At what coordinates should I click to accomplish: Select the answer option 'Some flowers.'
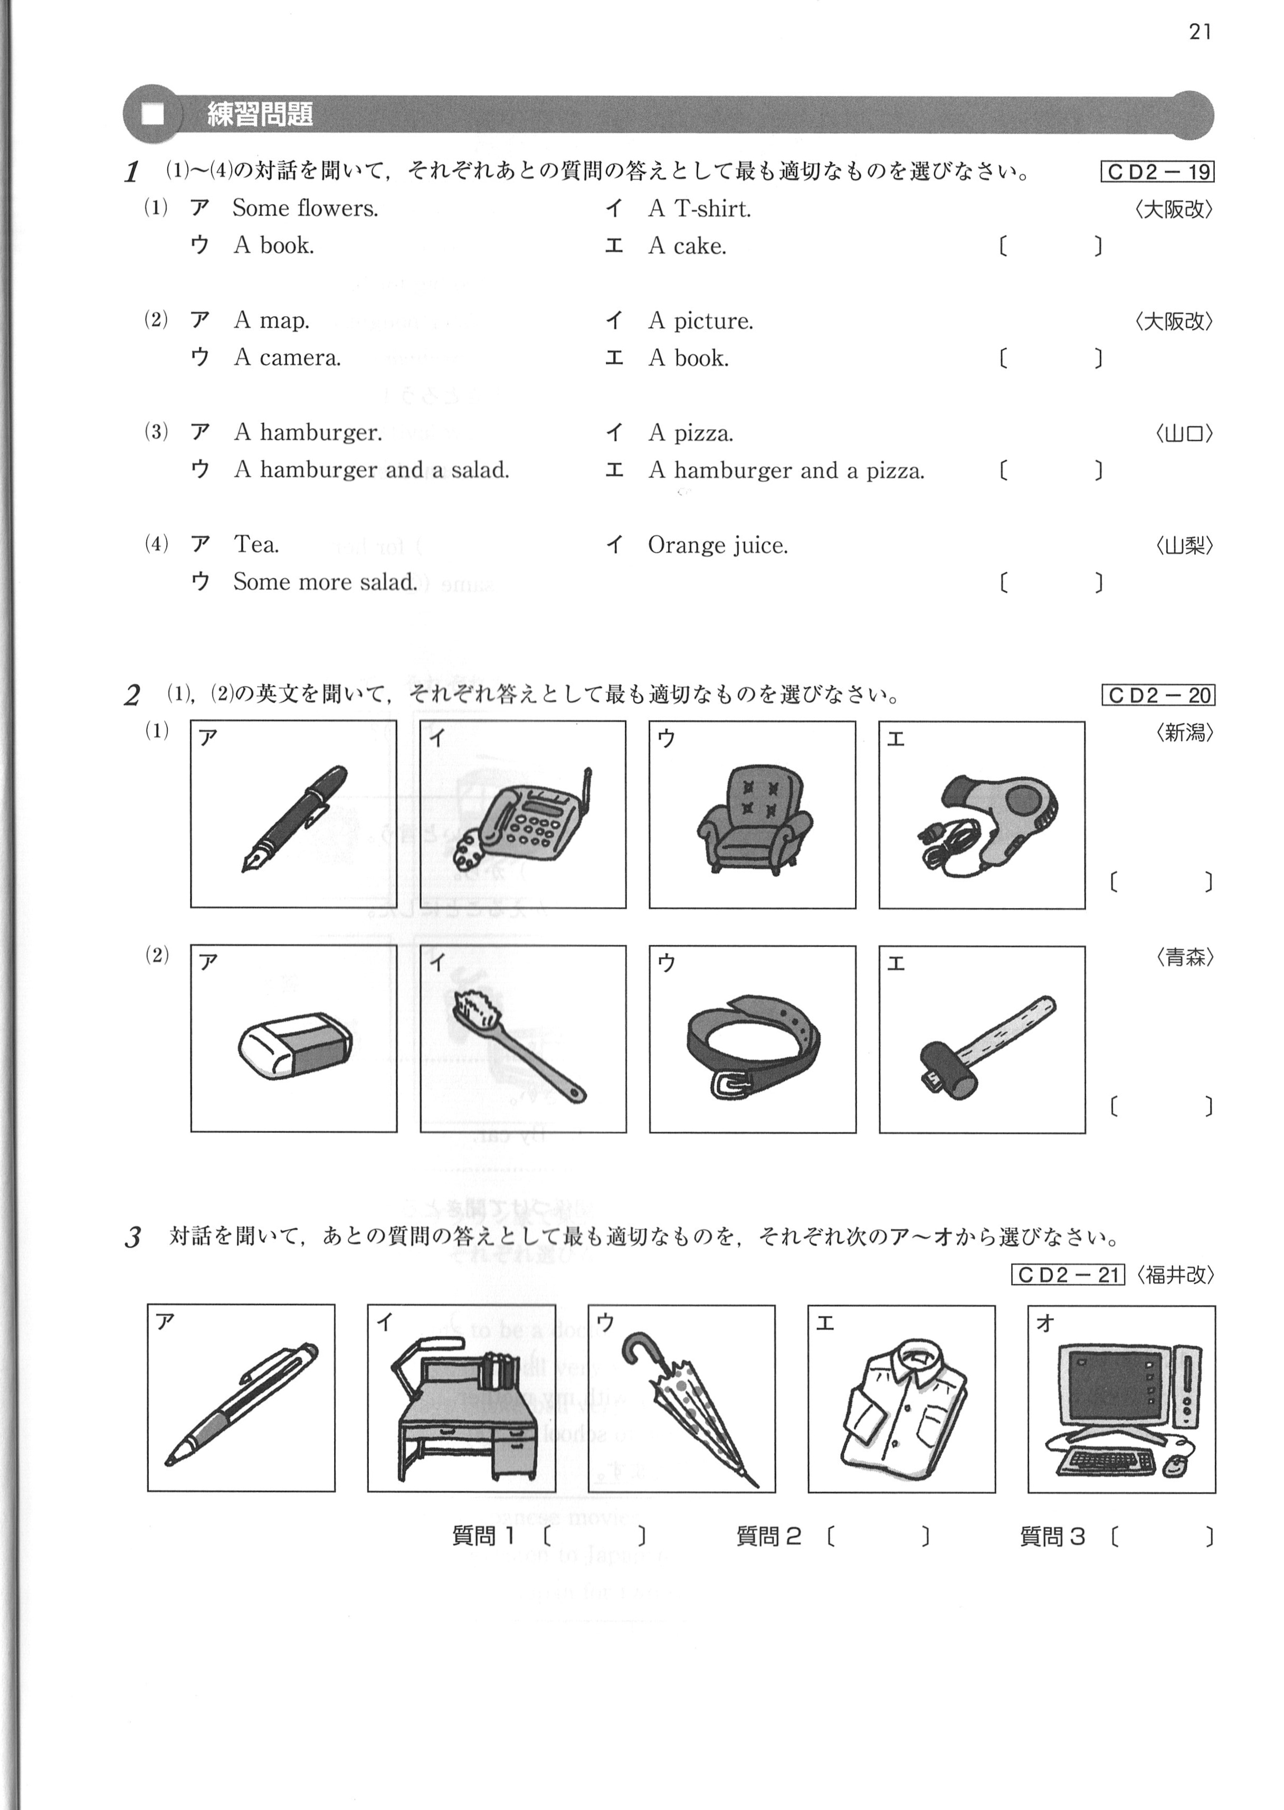point(305,208)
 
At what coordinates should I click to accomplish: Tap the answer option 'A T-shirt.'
point(700,209)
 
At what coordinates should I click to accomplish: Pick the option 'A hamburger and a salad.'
point(372,470)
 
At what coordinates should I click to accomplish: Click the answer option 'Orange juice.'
point(718,546)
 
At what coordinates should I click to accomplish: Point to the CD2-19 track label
point(1157,172)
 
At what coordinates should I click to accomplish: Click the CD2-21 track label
point(1068,1275)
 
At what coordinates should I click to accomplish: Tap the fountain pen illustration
point(294,818)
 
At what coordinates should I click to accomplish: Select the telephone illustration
point(522,818)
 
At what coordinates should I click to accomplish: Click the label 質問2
point(768,1537)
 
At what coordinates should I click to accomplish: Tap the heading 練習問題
point(259,115)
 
